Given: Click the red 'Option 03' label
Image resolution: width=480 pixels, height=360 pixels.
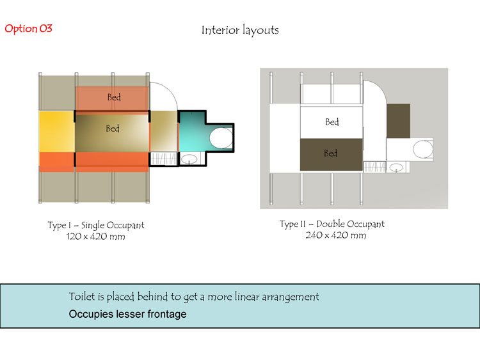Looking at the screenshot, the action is point(28,29).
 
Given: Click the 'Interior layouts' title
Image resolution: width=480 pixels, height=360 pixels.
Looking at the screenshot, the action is point(240,30).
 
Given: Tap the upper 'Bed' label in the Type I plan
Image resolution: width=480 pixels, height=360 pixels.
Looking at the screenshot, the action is point(114,97).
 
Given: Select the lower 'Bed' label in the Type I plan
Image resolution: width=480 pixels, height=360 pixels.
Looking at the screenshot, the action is point(113,128).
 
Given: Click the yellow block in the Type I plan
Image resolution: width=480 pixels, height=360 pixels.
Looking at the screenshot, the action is point(57,131).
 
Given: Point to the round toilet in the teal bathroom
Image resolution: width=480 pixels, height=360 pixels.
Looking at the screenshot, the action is point(221,138).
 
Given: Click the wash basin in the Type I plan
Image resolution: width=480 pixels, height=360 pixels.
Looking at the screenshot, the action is point(189,159).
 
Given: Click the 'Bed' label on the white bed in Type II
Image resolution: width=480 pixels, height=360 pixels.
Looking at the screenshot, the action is point(332,122).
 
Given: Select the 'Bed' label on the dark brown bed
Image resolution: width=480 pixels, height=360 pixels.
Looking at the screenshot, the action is point(331,153).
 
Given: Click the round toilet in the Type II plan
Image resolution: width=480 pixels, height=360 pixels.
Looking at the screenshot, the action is point(423,150).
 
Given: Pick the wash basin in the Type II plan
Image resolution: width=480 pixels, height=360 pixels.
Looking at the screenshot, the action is point(396,168).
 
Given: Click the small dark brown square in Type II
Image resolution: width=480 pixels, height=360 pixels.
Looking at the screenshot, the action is point(398,121).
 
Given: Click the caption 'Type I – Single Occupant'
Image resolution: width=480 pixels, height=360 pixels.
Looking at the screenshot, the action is point(96,226).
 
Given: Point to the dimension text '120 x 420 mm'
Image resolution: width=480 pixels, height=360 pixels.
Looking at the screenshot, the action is point(95,237).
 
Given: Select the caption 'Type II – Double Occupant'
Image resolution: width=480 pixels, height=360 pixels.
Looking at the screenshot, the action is point(332,224).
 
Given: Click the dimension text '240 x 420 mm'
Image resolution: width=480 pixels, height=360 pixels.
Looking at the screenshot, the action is point(336,235).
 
